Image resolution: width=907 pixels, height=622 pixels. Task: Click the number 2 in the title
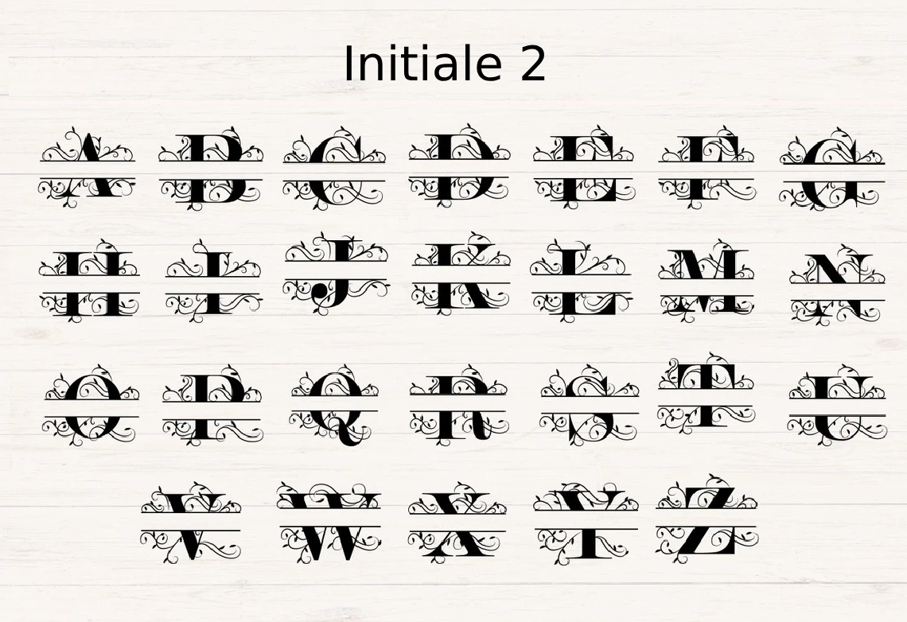532,65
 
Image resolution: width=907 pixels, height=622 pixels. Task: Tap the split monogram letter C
334,169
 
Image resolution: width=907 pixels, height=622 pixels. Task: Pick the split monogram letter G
832,169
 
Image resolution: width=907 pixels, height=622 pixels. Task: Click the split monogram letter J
336,273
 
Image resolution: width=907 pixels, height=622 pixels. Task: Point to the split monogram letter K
461,276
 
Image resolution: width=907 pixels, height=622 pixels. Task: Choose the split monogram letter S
590,404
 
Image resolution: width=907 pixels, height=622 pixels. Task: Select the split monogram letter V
191,523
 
